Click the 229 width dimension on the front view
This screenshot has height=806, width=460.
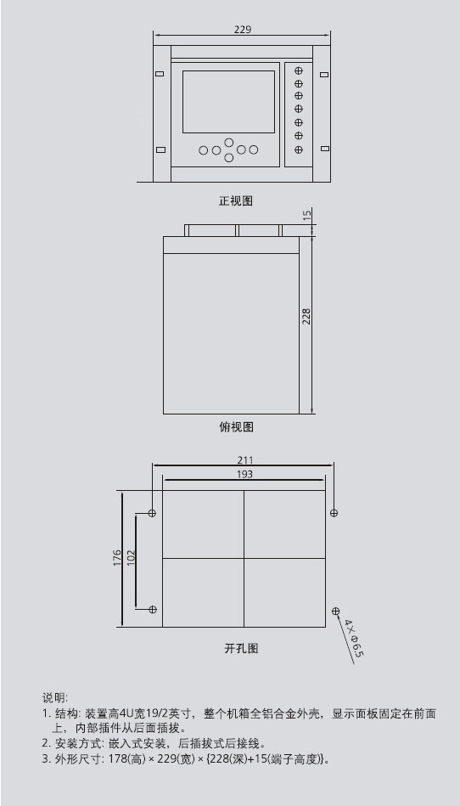point(243,29)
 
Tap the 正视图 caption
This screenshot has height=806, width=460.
point(236,200)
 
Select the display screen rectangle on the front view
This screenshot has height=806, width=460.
point(228,101)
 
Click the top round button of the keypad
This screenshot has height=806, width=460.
point(229,142)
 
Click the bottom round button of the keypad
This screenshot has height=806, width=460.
point(229,157)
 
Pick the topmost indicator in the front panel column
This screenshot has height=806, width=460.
point(298,70)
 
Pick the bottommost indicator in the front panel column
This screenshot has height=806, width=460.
point(298,149)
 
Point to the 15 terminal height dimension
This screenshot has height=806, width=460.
point(307,215)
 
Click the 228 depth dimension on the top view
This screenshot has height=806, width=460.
point(306,317)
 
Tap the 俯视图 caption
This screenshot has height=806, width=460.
point(236,426)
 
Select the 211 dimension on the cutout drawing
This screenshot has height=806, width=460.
point(244,460)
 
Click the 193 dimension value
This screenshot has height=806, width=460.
point(244,474)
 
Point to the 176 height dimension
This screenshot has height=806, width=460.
point(116,558)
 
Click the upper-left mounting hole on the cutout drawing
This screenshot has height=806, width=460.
point(152,513)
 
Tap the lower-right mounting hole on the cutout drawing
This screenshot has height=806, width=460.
point(336,611)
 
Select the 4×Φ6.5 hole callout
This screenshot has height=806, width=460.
point(354,638)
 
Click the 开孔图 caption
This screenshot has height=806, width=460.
point(241,648)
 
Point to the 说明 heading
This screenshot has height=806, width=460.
point(54,697)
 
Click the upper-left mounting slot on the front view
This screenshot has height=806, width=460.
point(160,74)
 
